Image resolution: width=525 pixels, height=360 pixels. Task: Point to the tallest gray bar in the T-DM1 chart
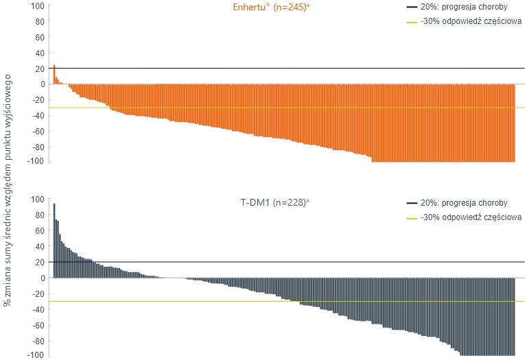pyautogui.click(x=54, y=240)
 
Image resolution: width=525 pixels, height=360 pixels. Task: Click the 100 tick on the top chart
pyautogui.click(x=38, y=6)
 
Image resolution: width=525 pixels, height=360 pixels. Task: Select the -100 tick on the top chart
pyautogui.click(x=36, y=162)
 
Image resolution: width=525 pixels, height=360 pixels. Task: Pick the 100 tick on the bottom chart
pyautogui.click(x=38, y=200)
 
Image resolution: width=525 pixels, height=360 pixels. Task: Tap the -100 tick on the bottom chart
pyautogui.click(x=36, y=355)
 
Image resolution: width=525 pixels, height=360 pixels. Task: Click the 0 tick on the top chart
pyautogui.click(x=42, y=84)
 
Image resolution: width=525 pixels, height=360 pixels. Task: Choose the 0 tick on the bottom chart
pyautogui.click(x=42, y=278)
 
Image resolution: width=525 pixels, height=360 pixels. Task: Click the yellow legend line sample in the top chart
pyautogui.click(x=411, y=22)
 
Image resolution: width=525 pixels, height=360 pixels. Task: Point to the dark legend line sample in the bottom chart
pyautogui.click(x=411, y=203)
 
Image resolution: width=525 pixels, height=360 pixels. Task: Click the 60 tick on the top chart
pyautogui.click(x=40, y=38)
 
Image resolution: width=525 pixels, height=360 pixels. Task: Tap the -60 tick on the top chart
pyautogui.click(x=37, y=131)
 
